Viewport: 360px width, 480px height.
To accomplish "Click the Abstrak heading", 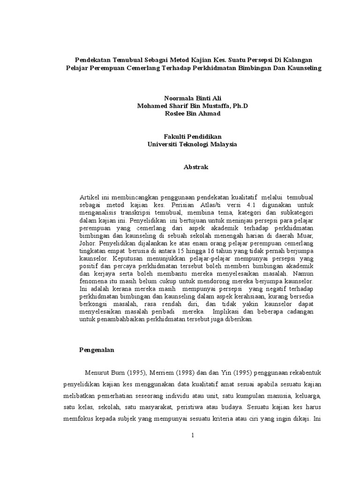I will click(x=192, y=167).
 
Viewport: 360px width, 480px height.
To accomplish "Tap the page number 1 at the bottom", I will click(x=192, y=435).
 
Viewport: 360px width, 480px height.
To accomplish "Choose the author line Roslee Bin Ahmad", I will click(x=192, y=113).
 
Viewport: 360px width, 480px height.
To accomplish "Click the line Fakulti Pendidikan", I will click(x=192, y=136).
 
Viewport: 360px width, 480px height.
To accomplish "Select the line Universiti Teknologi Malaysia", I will click(x=192, y=144).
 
